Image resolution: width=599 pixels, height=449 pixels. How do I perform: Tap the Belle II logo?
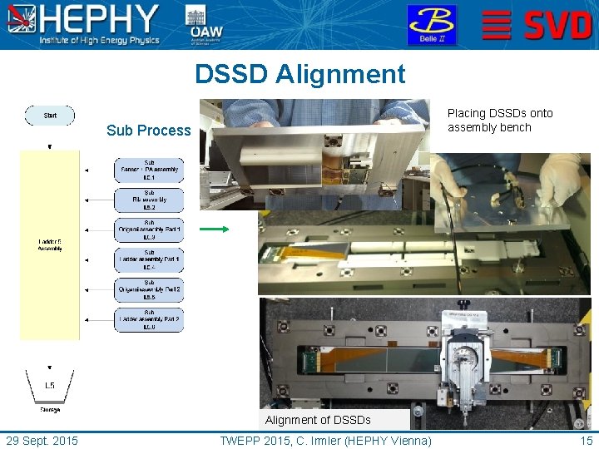pyautogui.click(x=431, y=25)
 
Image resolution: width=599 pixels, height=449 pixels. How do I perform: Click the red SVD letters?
pyautogui.click(x=557, y=26)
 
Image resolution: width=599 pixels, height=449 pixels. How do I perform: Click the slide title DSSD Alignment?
pyautogui.click(x=299, y=74)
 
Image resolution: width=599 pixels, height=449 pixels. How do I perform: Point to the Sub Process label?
pyautogui.click(x=149, y=131)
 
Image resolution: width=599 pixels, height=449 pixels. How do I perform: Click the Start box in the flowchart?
pyautogui.click(x=50, y=116)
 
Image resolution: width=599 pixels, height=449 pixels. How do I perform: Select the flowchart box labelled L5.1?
pyautogui.click(x=149, y=170)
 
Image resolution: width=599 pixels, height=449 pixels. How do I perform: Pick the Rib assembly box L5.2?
pyautogui.click(x=149, y=200)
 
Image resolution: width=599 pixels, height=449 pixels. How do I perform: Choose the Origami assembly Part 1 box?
pyautogui.click(x=149, y=230)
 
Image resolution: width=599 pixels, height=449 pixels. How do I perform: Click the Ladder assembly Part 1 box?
pyautogui.click(x=149, y=260)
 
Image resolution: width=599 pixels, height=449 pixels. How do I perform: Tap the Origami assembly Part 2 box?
pyautogui.click(x=149, y=290)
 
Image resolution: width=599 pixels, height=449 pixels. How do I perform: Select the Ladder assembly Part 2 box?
pyautogui.click(x=149, y=320)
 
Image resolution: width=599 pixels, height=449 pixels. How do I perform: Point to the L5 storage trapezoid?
pyautogui.click(x=50, y=385)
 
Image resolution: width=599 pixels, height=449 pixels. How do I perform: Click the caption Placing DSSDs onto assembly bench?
pyautogui.click(x=499, y=121)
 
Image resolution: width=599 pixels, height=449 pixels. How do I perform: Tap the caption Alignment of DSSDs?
pyautogui.click(x=318, y=420)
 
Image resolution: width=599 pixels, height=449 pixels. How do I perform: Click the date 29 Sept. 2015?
pyautogui.click(x=42, y=441)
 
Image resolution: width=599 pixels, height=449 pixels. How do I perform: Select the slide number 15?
pyautogui.click(x=587, y=441)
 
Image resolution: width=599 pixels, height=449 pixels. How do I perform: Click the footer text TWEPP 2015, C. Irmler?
pyautogui.click(x=325, y=441)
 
